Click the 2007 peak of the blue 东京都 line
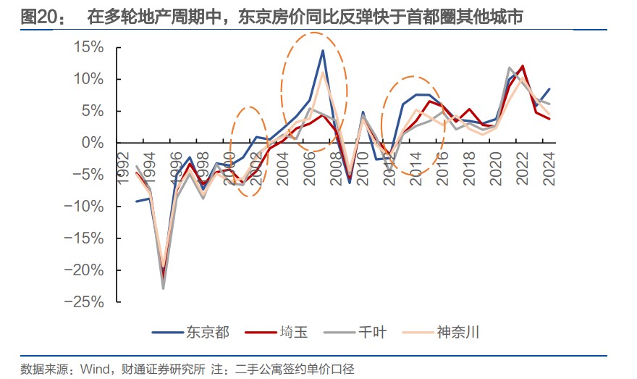coord(322,50)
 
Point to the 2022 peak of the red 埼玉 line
coord(522,66)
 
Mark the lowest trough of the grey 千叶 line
coord(163,288)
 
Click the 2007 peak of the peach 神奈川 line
coord(322,72)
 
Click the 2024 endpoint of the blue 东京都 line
coord(549,89)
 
